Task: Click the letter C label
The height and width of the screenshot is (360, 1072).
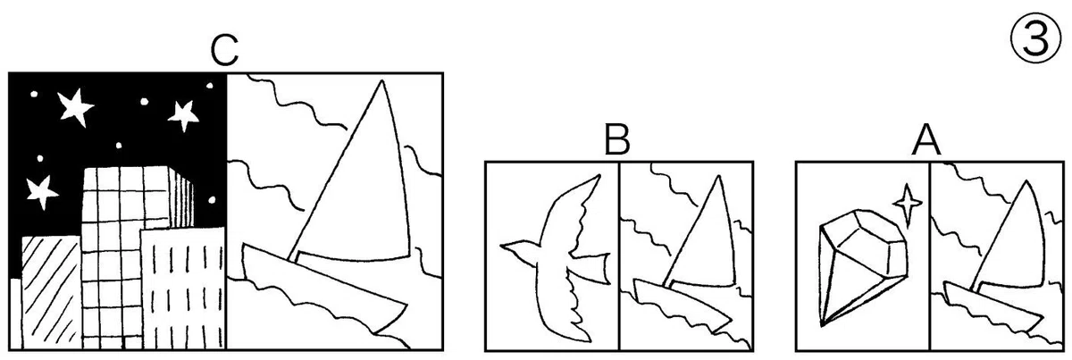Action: [x=224, y=51]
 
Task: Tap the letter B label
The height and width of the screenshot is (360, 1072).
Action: [x=617, y=139]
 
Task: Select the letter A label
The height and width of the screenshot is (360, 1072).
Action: [x=926, y=140]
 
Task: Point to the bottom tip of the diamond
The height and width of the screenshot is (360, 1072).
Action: [x=822, y=324]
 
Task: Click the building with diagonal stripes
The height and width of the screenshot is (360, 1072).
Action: [x=51, y=292]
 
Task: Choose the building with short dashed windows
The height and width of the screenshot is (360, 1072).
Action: [x=183, y=289]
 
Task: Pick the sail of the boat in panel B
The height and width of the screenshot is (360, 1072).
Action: [x=702, y=239]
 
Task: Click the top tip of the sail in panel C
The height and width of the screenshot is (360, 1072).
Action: [x=381, y=80]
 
